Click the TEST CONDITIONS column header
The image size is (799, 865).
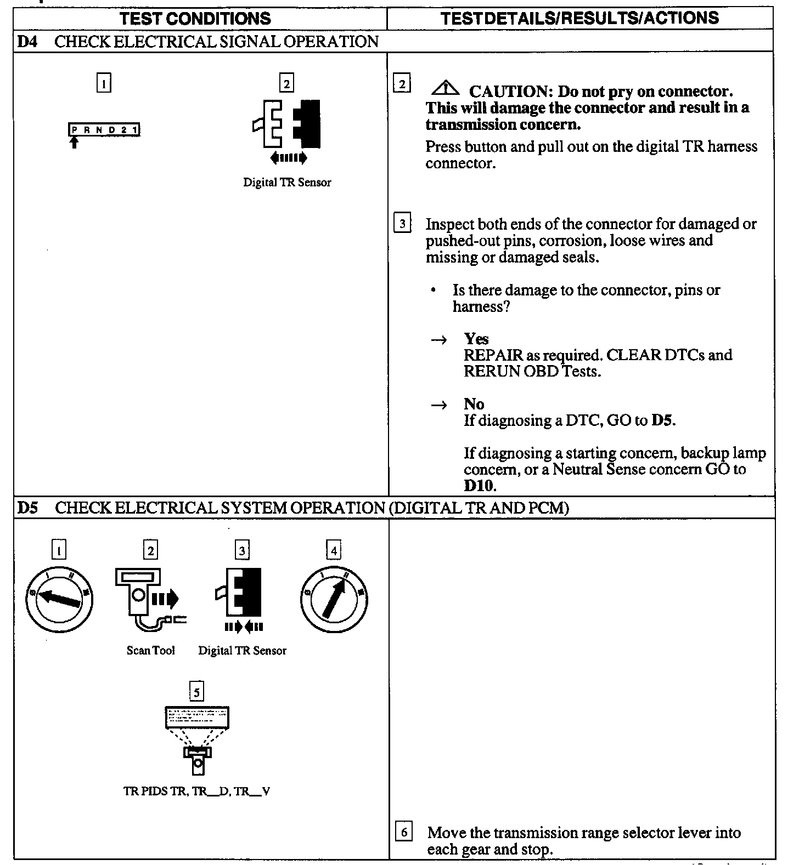195,19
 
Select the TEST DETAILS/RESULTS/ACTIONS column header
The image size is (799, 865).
579,18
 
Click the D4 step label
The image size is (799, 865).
27,42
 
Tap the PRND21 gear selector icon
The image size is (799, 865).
104,130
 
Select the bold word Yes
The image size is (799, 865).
476,339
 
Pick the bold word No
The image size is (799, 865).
474,404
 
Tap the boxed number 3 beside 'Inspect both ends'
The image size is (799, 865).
402,224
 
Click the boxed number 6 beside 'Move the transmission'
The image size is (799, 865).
404,833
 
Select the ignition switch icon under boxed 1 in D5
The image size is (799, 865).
59,599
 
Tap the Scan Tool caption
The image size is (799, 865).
150,651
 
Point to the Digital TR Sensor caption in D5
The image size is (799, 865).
242,651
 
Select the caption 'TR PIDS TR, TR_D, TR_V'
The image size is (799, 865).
196,792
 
